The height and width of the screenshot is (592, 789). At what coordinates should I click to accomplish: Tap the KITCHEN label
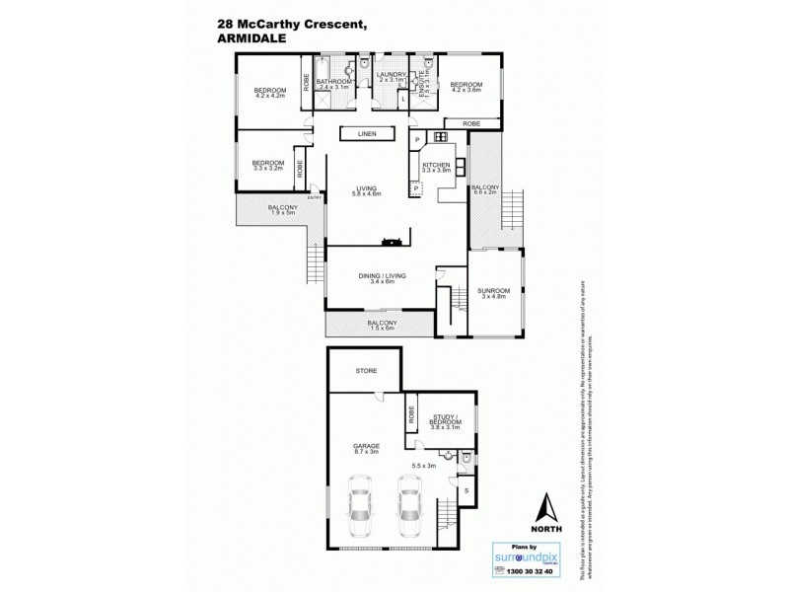[436, 166]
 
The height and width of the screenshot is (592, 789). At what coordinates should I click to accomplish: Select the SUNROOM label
[492, 291]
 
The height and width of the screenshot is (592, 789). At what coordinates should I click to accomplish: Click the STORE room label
[366, 371]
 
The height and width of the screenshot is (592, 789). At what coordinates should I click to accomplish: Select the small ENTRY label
[315, 197]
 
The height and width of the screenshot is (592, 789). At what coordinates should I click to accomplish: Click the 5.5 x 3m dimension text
[424, 464]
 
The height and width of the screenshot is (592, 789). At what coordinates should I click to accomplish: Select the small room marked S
[466, 489]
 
